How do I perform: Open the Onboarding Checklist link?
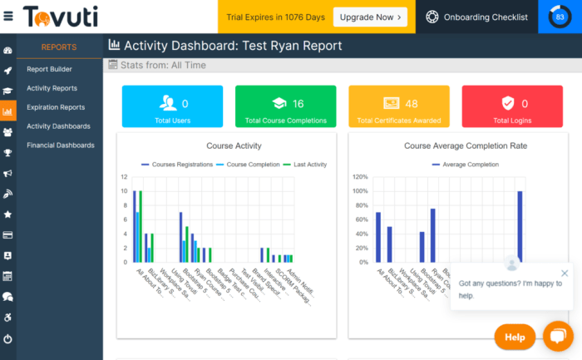476,17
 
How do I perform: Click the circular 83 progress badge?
560,17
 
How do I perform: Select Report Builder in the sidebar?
49,69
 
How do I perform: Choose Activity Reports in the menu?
52,88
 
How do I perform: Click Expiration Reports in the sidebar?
56,107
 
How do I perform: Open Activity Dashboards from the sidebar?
58,126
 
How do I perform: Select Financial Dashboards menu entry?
61,145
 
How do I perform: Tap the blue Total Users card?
173,106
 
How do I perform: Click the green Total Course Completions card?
285,106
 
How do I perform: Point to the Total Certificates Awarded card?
399,106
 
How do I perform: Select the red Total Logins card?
512,106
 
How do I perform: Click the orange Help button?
515,337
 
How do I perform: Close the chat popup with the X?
565,273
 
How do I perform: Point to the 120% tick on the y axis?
358,177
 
